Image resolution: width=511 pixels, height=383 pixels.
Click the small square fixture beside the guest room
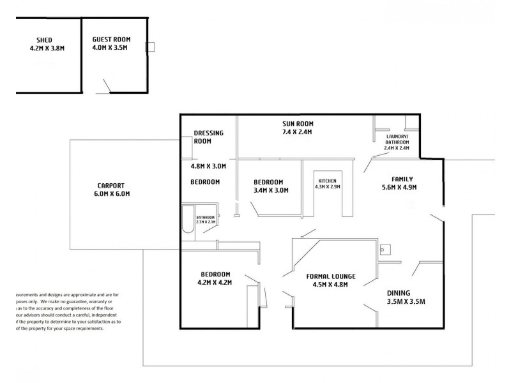(x=150, y=47)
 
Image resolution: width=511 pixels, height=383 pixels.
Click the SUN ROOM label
(x=298, y=123)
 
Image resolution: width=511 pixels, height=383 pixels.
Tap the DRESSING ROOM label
(x=208, y=137)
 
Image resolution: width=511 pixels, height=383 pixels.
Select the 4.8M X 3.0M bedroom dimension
(x=208, y=166)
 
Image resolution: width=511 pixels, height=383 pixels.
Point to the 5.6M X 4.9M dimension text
(x=399, y=188)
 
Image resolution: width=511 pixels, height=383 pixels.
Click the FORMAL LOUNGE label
(x=330, y=276)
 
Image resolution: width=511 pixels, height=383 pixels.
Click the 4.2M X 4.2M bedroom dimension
(x=214, y=282)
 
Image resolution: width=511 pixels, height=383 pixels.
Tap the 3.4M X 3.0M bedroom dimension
(x=271, y=190)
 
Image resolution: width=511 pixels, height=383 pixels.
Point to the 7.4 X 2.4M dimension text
(x=298, y=131)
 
